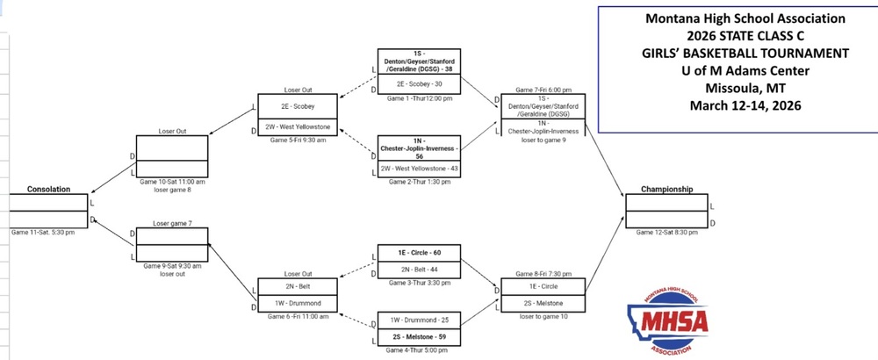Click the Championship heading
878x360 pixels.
[666, 189]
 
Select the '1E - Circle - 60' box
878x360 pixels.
[418, 253]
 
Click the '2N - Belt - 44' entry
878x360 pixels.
[418, 269]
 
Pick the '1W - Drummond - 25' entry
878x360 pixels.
[418, 320]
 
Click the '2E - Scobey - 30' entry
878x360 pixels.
[418, 84]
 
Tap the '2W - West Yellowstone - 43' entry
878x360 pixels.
[418, 169]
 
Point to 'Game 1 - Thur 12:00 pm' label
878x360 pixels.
[418, 98]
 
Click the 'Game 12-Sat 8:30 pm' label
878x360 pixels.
[666, 233]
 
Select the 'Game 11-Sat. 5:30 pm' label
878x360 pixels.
[43, 233]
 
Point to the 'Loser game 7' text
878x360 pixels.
[172, 223]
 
